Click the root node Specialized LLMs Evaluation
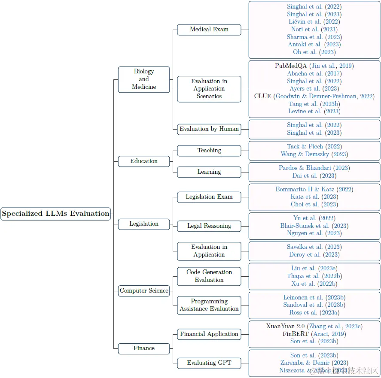tap(56, 214)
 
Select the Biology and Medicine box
tap(144, 79)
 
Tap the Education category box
tap(144, 161)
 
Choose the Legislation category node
tap(144, 224)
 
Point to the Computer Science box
tap(144, 291)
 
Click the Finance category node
tap(144, 348)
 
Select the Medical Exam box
tap(209, 30)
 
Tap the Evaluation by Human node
tap(209, 129)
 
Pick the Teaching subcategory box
tap(209, 151)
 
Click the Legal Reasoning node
tap(209, 226)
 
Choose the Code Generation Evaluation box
tap(209, 276)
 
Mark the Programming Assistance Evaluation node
tap(209, 305)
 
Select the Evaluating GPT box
tap(209, 363)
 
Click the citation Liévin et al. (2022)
tap(314, 22)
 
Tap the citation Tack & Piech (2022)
tap(314, 147)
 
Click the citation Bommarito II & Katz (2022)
tap(314, 190)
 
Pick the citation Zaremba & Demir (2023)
tap(314, 363)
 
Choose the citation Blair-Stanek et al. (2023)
tap(314, 226)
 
